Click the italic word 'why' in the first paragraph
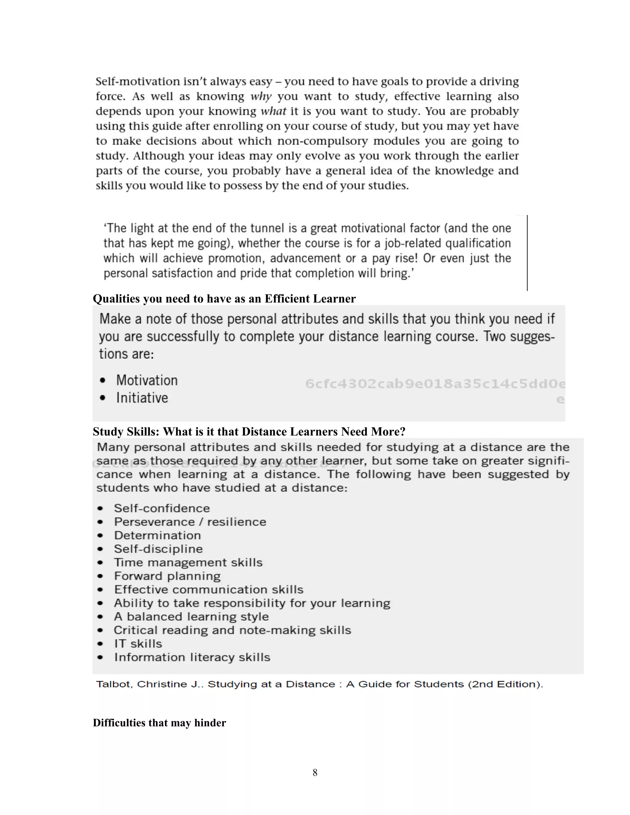click(261, 97)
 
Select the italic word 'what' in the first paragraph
click(273, 111)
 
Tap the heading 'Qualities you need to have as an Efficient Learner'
click(224, 299)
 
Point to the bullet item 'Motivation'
click(147, 380)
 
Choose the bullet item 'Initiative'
click(142, 398)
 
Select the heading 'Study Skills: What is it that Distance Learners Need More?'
click(249, 431)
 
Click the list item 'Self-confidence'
click(161, 508)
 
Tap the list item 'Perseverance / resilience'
click(190, 522)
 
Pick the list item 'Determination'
click(157, 535)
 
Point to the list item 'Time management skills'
click(188, 563)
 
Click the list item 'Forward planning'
click(167, 576)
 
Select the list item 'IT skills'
click(138, 644)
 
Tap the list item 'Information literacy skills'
click(192, 657)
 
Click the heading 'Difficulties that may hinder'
click(159, 723)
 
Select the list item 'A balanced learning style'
click(191, 616)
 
